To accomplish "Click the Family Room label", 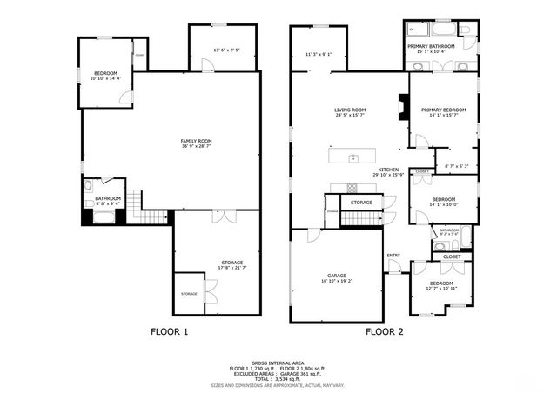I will (196, 141).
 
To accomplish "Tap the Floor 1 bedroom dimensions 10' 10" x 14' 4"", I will (107, 79).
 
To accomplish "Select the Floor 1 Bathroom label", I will (108, 198).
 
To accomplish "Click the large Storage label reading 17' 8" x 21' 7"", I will (231, 263).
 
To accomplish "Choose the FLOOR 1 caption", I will (169, 331).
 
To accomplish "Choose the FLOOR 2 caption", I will (385, 331).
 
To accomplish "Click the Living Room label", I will (350, 110).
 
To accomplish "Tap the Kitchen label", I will (388, 170).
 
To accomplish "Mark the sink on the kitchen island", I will (353, 157).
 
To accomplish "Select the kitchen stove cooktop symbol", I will (352, 188).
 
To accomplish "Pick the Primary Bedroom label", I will (444, 110).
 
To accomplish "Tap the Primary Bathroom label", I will (431, 45).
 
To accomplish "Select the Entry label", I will (393, 255).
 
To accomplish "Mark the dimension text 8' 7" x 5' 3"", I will (456, 166).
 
